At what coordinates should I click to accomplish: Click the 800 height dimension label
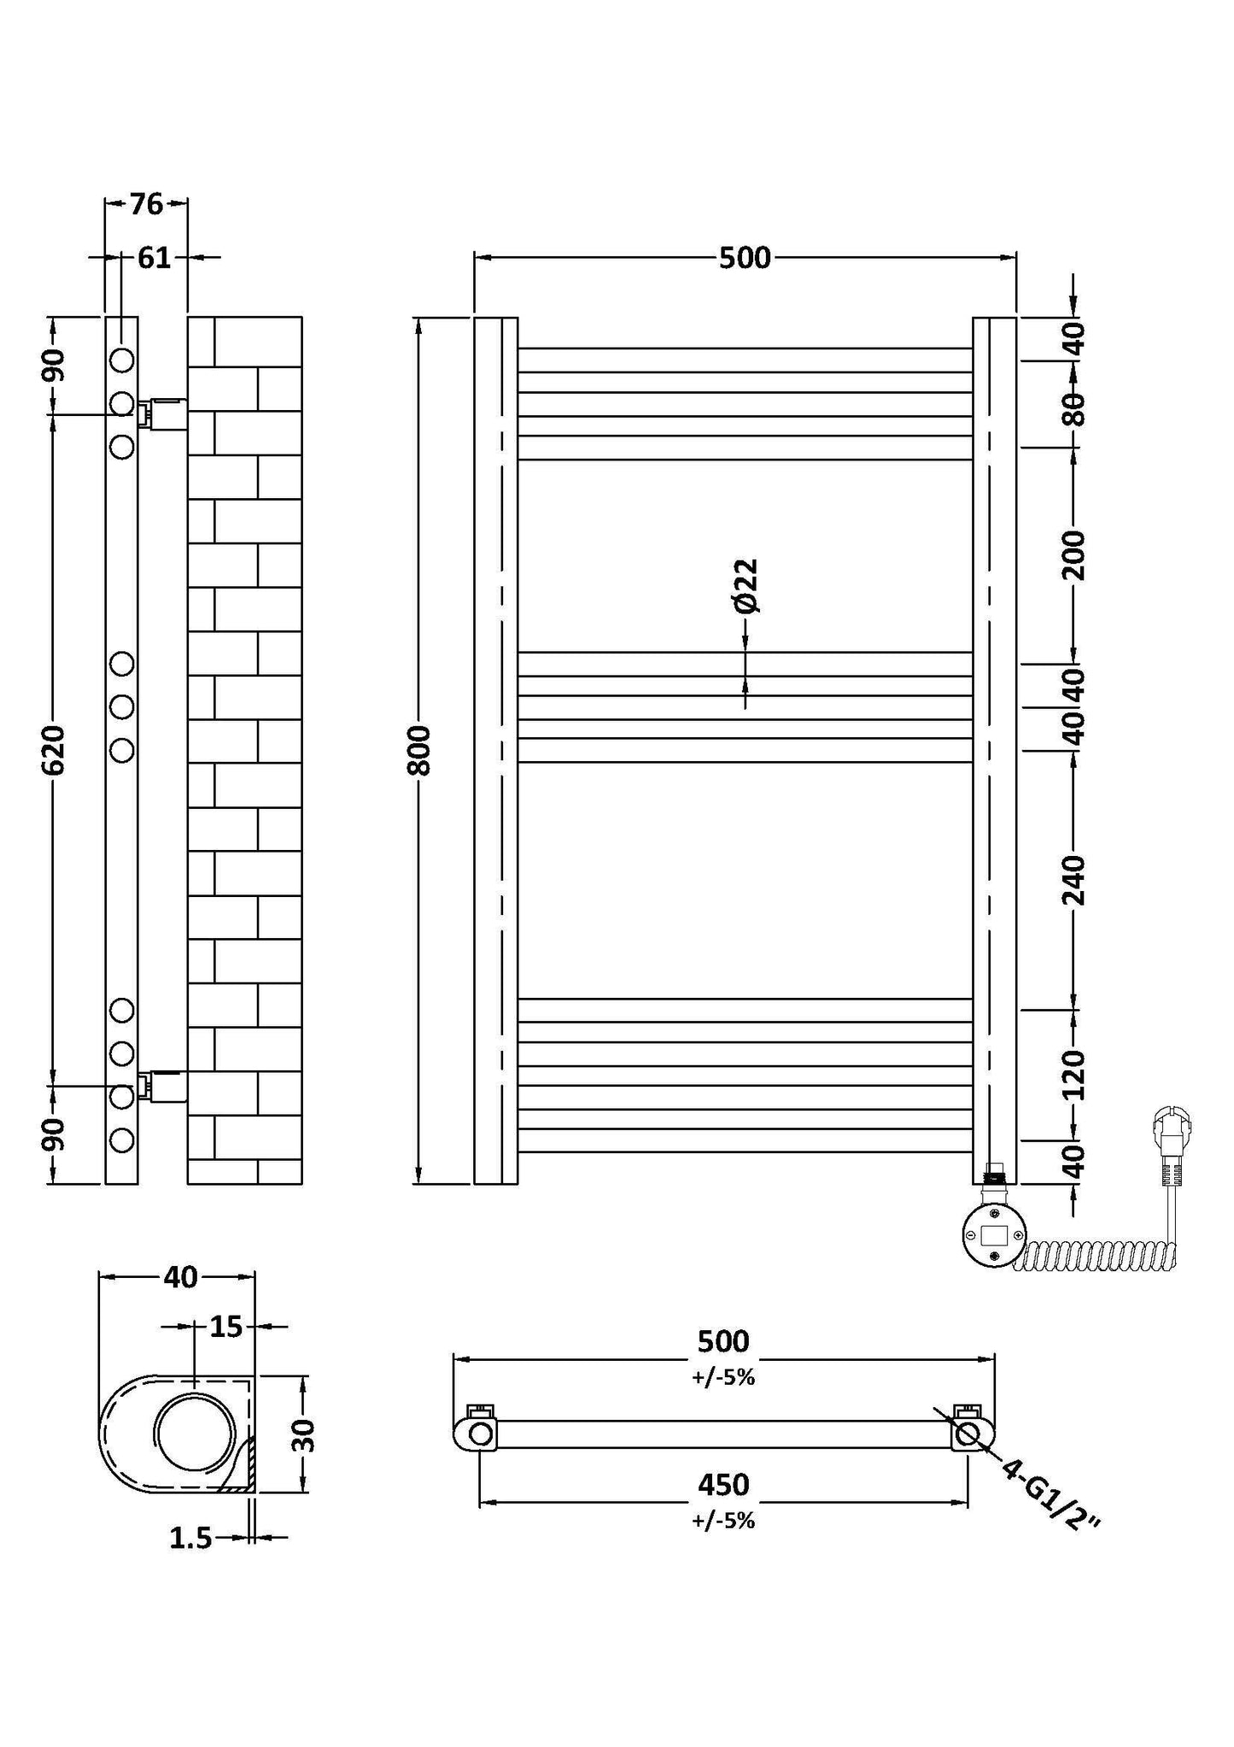418,750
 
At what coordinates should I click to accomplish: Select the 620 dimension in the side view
53,750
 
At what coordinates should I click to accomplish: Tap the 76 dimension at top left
146,204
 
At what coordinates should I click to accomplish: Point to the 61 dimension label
155,257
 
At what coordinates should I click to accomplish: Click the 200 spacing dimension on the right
1074,555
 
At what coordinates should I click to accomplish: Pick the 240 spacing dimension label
1074,880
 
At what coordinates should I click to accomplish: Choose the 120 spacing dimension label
1074,1075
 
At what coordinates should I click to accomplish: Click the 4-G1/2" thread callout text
1052,1495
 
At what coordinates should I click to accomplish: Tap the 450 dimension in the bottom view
723,1485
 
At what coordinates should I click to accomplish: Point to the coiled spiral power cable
1097,1255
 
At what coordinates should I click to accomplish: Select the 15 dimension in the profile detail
225,1327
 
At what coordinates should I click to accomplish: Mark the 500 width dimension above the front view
745,257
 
